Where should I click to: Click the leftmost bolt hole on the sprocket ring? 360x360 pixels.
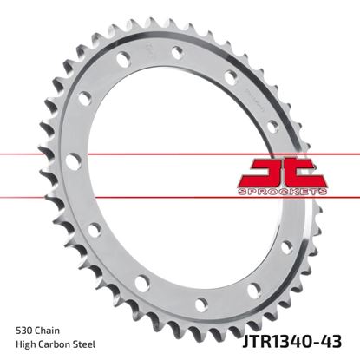pyautogui.click(x=71, y=161)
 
